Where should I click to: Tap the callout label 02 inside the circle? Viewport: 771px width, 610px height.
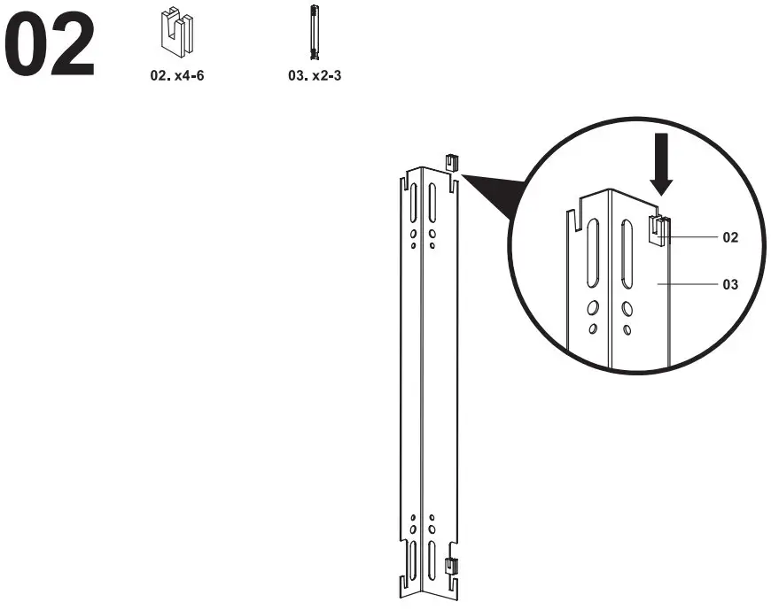click(730, 237)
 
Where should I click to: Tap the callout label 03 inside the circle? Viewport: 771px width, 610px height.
click(730, 285)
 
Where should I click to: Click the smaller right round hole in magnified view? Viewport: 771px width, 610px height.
click(627, 329)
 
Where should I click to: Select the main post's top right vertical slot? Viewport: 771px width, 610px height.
click(432, 205)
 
